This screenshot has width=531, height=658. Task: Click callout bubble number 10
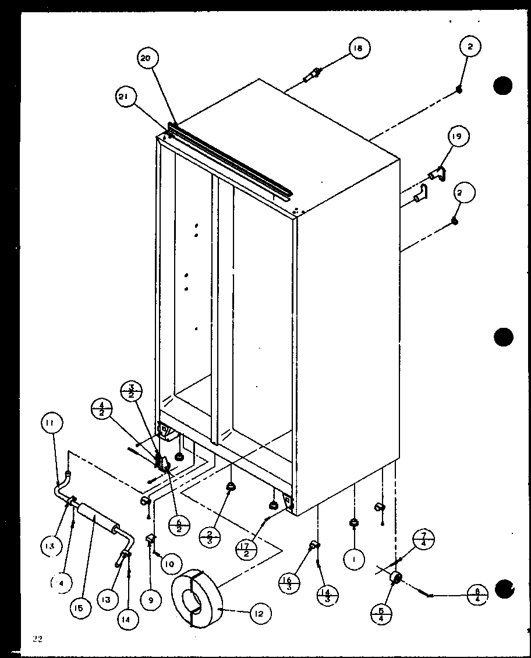168,564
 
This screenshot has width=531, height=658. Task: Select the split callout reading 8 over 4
477,595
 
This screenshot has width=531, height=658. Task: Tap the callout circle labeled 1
353,560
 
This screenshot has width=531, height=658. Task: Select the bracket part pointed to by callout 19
436,172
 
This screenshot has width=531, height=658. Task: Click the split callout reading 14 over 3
324,595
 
